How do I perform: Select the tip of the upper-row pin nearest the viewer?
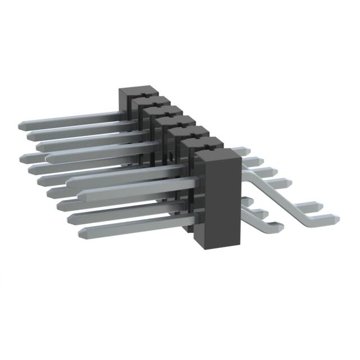click(x=83, y=196)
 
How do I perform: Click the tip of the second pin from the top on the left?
click(x=28, y=135)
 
